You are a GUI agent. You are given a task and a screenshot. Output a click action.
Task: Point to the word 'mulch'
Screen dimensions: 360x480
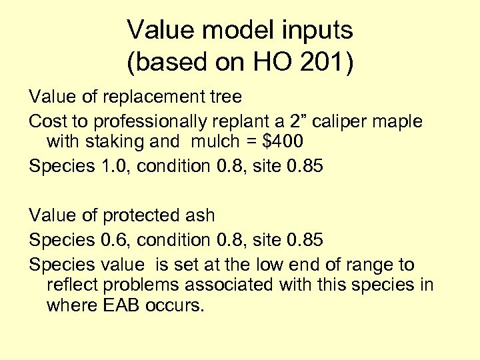[214, 142]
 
